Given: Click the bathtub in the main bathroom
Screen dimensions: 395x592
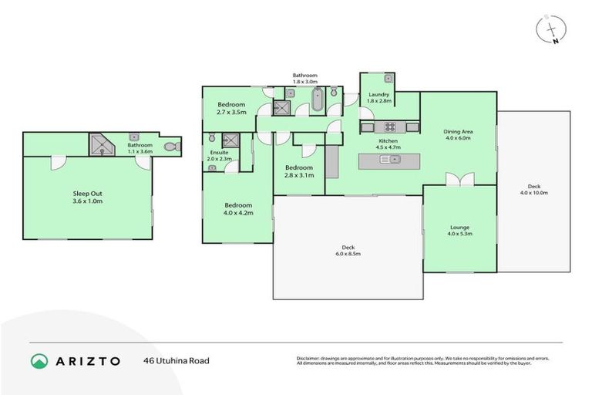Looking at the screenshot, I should tap(317, 100).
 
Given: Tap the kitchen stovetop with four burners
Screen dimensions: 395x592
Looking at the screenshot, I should tap(390, 127).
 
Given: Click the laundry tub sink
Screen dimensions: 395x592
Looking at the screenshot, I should tap(388, 79).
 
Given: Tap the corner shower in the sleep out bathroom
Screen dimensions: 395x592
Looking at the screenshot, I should tap(100, 144).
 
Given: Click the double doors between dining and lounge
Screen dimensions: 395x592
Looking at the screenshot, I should tap(460, 180).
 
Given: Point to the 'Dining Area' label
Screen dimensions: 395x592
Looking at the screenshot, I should tap(458, 132).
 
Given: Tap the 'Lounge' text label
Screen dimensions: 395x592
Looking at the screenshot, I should tap(459, 228).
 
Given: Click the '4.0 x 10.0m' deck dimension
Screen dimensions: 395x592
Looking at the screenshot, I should tap(533, 193).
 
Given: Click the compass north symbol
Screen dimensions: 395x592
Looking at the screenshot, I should tap(552, 31).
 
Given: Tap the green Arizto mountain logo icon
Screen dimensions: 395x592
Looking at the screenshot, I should tap(39, 360).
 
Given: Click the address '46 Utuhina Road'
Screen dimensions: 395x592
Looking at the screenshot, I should tap(176, 360).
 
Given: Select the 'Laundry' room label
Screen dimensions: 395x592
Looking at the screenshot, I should tap(378, 95).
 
